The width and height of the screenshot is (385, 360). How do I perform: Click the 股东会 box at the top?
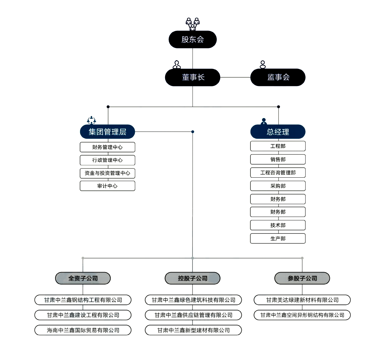click(x=192, y=39)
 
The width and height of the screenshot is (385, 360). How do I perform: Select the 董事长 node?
click(x=192, y=77)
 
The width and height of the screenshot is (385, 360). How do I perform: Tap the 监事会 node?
click(x=278, y=77)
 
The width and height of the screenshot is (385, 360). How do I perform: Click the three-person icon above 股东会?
click(x=192, y=24)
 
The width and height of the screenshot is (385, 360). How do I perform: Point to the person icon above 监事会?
click(x=263, y=65)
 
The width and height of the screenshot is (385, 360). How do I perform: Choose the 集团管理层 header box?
click(x=107, y=132)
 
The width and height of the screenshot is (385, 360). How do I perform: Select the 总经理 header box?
click(x=278, y=132)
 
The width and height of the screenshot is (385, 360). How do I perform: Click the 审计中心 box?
click(x=107, y=186)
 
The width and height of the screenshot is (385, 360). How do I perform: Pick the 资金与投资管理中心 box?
click(x=107, y=173)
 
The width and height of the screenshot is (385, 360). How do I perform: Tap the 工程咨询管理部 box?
click(x=278, y=172)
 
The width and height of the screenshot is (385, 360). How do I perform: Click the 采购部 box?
click(x=278, y=186)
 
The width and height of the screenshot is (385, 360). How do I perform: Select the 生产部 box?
click(x=278, y=238)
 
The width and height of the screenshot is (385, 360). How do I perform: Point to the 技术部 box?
click(x=278, y=225)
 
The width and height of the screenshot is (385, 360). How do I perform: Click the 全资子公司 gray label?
click(x=83, y=278)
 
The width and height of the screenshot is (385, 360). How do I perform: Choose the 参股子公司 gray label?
click(x=302, y=278)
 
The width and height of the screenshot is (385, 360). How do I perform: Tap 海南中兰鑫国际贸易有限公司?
click(x=83, y=330)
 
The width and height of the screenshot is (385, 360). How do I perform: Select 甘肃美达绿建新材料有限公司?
click(x=302, y=300)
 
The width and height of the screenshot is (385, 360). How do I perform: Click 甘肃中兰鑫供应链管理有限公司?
click(x=193, y=315)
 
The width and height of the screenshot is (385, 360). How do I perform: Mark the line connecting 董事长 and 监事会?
click(x=235, y=77)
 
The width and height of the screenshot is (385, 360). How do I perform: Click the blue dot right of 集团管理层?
click(x=192, y=132)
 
